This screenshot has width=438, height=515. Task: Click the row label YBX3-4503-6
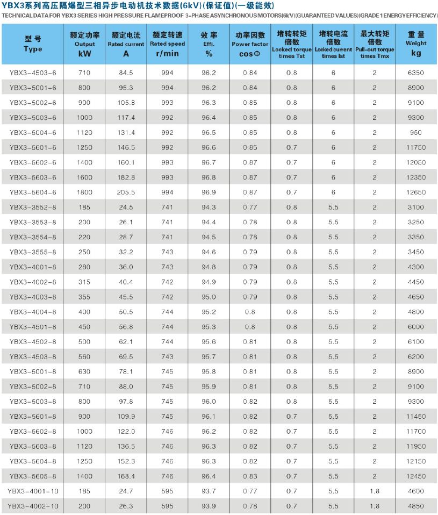point(33,73)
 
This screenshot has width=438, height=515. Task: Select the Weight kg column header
point(416,43)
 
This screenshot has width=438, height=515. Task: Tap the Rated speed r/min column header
point(167,43)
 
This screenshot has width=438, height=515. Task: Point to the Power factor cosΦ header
point(250,43)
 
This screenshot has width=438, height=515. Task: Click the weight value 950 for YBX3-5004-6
point(416,132)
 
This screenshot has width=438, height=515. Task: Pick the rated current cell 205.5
point(126,192)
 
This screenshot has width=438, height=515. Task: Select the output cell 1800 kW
point(84,192)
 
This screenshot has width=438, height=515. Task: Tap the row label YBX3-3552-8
point(33,207)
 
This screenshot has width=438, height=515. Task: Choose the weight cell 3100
point(416,207)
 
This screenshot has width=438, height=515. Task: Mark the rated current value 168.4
point(126,476)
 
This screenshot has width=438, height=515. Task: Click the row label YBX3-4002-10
point(33,506)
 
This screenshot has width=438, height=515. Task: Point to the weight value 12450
point(416,476)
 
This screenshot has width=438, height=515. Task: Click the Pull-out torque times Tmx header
point(375,43)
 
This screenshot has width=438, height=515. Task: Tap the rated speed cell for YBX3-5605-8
point(167,476)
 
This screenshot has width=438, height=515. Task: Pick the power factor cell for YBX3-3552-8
point(250,207)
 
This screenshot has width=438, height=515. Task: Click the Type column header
point(33,43)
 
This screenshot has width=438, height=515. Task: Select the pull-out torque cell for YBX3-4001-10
point(375,491)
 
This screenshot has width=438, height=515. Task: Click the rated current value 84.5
point(126,73)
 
